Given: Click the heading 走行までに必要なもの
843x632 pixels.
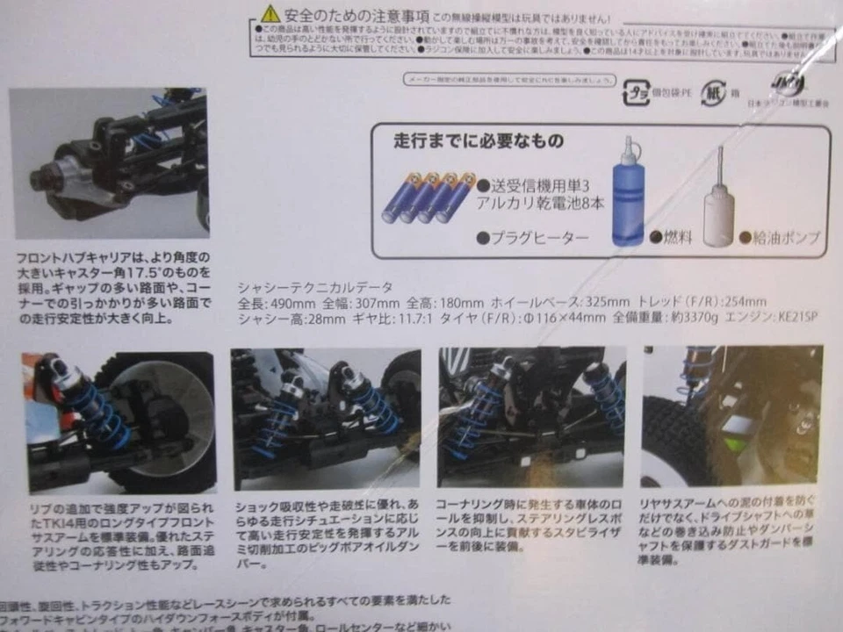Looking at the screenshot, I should coord(465,141).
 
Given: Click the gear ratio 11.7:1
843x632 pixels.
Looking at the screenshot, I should coord(403,316).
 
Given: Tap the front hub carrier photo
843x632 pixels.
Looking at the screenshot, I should coord(111,163).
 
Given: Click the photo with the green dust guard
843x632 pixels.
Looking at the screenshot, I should coord(731,416).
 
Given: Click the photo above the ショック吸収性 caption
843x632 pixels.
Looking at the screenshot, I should coord(325,418).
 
